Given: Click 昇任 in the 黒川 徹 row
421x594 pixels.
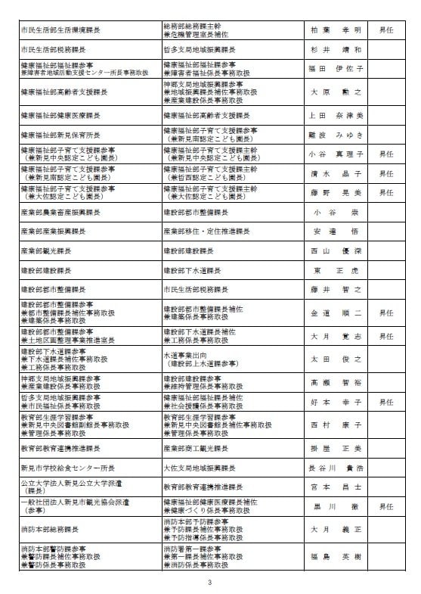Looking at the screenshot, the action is click(386, 505).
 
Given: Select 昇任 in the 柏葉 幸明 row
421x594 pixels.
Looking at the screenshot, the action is click(386, 30).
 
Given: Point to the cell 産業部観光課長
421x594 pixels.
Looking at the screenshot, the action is click(47, 250).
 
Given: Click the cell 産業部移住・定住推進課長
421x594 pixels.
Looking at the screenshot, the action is click(206, 231).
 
